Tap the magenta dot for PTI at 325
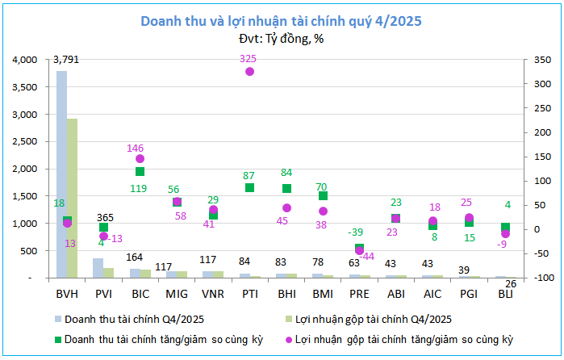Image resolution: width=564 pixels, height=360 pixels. pyautogui.click(x=249, y=72)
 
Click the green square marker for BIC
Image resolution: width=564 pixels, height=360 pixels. pyautogui.click(x=140, y=171)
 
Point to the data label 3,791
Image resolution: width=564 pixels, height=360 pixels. pyautogui.click(x=66, y=59)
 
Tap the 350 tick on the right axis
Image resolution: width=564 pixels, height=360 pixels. pyautogui.click(x=533, y=60)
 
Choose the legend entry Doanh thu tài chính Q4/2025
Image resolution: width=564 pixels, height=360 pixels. pyautogui.click(x=129, y=320)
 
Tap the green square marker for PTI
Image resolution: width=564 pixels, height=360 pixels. pyautogui.click(x=249, y=187)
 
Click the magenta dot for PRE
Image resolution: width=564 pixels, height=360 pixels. pyautogui.click(x=359, y=251)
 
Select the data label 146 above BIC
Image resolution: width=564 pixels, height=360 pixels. pyautogui.click(x=135, y=148)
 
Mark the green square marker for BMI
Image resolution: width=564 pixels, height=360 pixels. pyautogui.click(x=323, y=195)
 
